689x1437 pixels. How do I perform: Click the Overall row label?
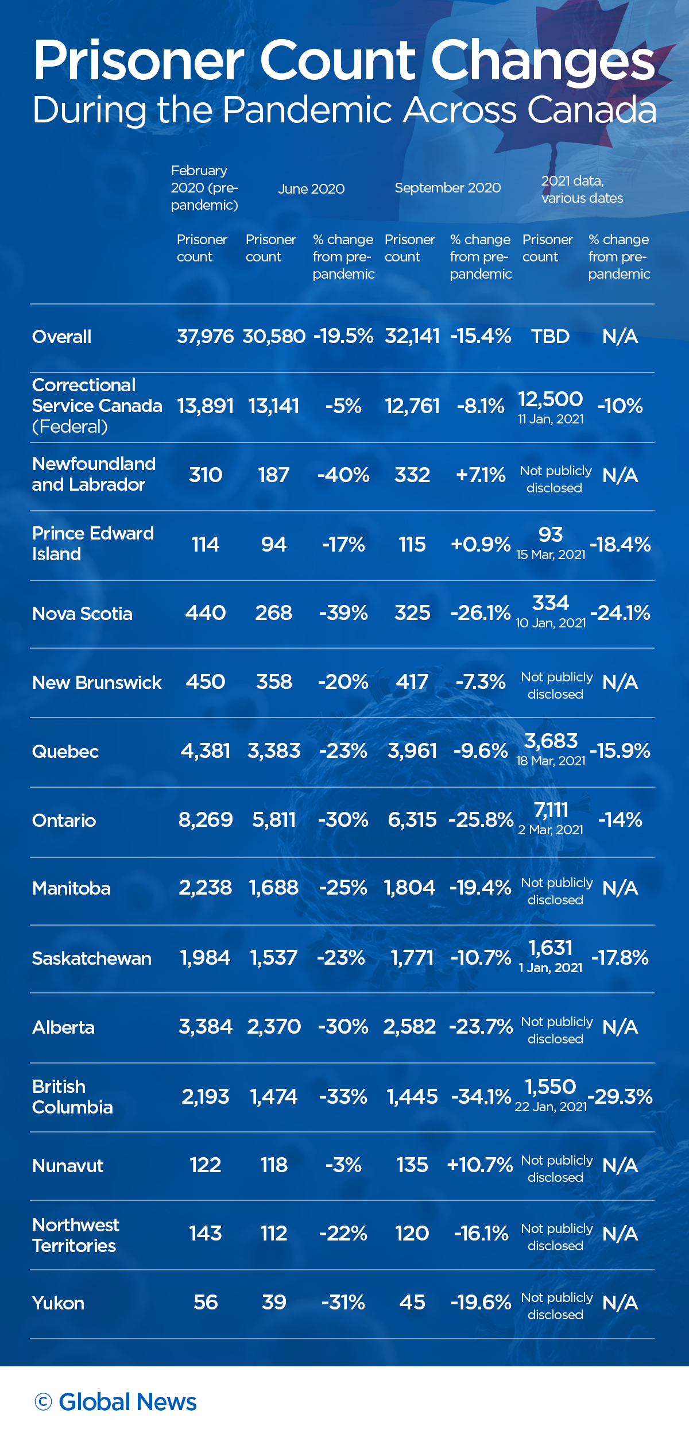pos(62,337)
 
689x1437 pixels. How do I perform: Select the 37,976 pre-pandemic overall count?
pos(205,337)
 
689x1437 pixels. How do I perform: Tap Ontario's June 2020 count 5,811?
pos(274,820)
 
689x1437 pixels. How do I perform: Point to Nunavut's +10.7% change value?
pos(480,1165)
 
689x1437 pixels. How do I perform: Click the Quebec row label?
pos(65,752)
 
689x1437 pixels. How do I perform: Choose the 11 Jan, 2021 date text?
pos(551,419)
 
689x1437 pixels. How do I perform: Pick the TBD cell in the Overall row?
pos(550,337)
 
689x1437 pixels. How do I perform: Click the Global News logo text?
pos(127,1402)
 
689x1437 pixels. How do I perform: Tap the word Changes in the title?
pos(543,61)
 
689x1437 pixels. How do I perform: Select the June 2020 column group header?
pos(311,189)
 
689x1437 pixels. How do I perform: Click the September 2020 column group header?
pos(448,188)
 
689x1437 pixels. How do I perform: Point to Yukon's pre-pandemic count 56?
pos(206,1302)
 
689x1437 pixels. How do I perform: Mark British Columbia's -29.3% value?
pos(620,1096)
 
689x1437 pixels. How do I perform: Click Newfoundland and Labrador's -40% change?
pos(343,475)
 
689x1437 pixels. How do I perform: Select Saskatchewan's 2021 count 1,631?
pos(551,948)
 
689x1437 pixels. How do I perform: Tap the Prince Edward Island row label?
pos(93,544)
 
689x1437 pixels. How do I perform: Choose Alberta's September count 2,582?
pos(410,1027)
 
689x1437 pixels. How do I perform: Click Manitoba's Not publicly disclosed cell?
pos(556,891)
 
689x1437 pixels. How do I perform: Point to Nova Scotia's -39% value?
pos(343,613)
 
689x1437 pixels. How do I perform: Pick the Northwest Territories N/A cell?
pos(620,1234)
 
